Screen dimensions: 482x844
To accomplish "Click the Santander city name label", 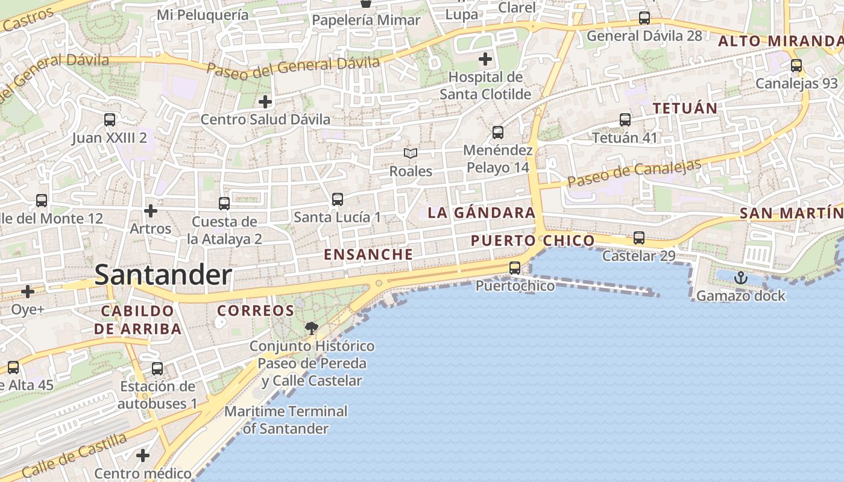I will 163,275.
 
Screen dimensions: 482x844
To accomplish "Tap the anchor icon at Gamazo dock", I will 740,278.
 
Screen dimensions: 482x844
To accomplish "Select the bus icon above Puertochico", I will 514,268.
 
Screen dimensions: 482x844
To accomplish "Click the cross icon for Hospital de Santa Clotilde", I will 485,59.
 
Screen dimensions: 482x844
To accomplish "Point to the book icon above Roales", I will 411,154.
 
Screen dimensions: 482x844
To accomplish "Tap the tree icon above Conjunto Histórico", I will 311,328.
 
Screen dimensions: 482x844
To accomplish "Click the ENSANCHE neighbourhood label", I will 368,254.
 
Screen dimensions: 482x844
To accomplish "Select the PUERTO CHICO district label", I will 532,241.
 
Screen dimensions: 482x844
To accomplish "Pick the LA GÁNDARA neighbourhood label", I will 481,213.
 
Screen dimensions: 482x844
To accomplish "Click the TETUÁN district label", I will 685,108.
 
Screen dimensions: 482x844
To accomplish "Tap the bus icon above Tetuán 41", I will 625,120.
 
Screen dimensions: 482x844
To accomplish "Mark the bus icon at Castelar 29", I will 638,238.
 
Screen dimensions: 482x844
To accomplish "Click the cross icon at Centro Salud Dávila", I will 265,102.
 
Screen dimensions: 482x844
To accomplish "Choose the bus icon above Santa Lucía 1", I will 337,199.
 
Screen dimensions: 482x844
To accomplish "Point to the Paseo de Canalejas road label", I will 634,173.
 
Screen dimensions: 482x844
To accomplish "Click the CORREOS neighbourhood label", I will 255,311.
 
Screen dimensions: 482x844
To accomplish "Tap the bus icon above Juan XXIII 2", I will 109,120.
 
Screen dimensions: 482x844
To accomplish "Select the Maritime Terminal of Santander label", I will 286,420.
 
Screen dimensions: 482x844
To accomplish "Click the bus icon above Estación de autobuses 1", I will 157,368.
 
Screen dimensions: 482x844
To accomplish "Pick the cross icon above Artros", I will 151,211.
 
